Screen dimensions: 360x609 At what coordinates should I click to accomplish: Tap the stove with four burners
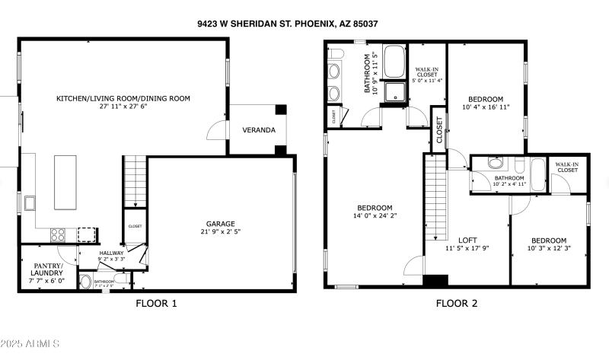tap(58, 235)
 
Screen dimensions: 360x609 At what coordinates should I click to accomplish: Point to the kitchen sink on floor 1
tap(30, 203)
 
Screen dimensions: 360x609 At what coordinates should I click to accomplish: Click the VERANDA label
tap(259, 130)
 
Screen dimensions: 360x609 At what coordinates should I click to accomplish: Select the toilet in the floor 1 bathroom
tap(85, 282)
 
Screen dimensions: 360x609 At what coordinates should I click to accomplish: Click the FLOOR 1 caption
tap(156, 304)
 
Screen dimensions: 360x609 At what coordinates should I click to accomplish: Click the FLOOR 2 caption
tap(457, 304)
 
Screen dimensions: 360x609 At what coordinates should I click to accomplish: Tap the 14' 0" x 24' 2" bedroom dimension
tap(375, 215)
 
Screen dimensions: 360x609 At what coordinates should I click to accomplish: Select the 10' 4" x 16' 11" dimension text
tap(485, 107)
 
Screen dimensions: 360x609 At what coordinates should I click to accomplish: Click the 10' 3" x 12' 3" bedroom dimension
tap(548, 249)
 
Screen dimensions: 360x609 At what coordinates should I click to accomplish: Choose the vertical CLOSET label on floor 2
tap(439, 130)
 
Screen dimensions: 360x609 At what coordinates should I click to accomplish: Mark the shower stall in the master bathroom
tap(394, 93)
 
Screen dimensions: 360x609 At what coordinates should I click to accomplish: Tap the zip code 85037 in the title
tap(365, 24)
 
